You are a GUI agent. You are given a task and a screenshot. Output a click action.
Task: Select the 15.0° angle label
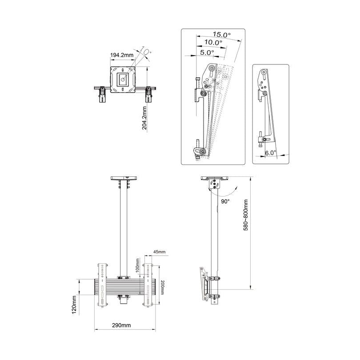222,34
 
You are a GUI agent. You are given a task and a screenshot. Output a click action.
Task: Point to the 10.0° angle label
213,43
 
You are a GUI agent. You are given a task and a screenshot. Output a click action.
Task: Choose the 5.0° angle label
207,52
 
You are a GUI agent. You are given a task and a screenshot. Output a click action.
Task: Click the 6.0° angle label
270,152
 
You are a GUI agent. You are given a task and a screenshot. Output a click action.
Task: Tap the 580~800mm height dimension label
245,220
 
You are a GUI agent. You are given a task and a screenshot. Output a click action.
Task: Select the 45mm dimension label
159,252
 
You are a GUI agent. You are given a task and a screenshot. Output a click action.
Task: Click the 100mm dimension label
138,267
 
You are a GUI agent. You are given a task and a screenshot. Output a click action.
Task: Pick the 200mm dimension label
163,288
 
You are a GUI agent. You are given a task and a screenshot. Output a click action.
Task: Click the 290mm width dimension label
122,325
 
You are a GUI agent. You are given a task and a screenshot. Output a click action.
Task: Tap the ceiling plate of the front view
123,179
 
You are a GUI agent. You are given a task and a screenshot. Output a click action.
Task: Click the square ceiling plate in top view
123,80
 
